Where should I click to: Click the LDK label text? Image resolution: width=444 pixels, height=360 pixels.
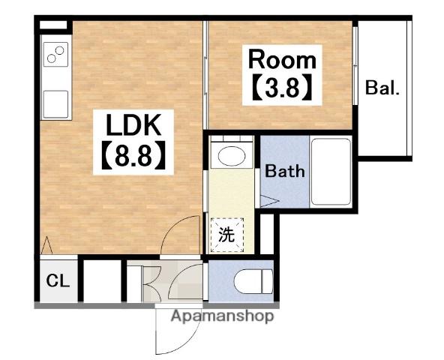coord(133,125)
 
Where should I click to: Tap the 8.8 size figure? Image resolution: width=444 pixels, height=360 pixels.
coord(133,155)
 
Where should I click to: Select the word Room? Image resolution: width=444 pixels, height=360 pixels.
coord(282,60)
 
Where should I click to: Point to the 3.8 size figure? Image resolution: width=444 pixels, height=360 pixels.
coord(282,87)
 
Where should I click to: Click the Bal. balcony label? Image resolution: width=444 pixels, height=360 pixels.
coord(382,88)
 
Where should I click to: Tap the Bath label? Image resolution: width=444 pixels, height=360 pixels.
coord(285,171)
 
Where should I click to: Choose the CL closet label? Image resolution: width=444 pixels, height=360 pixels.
coord(58,280)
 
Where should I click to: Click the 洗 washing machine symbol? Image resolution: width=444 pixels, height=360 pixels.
coord(227,235)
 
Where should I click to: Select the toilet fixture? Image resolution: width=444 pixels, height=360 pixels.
coord(253,281)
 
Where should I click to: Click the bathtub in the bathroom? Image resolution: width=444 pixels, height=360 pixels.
coord(331,171)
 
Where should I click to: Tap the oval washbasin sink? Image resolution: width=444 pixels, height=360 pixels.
coord(232,156)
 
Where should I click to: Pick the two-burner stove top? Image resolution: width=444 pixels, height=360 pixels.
coord(55,55)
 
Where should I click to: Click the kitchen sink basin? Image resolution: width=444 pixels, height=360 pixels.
coord(55,104)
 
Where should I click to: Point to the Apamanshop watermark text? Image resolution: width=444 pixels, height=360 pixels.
coord(222,316)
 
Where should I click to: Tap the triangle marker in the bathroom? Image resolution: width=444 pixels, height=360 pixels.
coord(269,202)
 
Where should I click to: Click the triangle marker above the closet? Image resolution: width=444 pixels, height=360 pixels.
coord(46,245)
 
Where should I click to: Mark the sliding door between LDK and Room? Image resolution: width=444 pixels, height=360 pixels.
coord(205,75)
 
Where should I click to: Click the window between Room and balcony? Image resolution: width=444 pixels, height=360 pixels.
coord(355,66)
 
